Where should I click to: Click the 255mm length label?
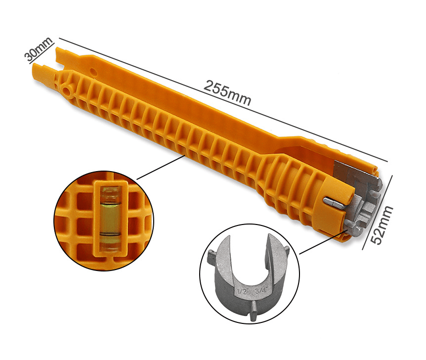(227, 92)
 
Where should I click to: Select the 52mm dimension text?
(382, 225)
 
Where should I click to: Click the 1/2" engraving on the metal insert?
(242, 292)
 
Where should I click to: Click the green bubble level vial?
(110, 219)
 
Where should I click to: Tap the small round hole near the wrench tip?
(93, 72)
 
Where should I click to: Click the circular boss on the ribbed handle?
(67, 90)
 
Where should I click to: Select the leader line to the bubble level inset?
(161, 167)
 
